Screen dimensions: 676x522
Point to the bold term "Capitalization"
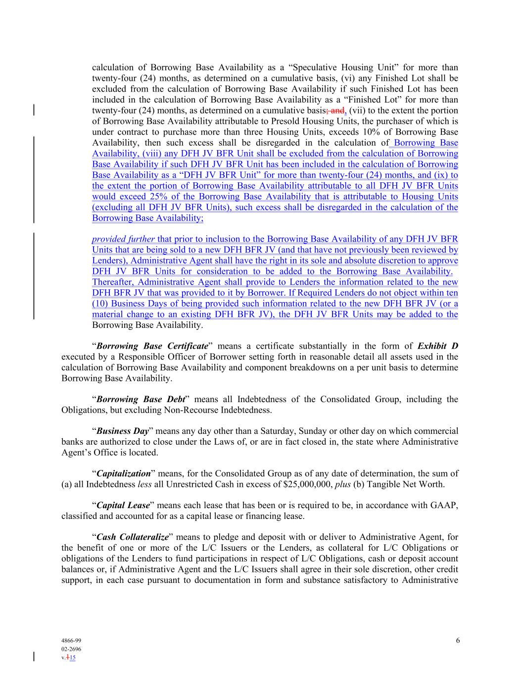(x=123, y=474)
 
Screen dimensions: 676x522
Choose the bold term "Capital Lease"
(x=123, y=506)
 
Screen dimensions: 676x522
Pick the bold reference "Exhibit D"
(x=437, y=346)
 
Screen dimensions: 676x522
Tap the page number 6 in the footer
(x=458, y=640)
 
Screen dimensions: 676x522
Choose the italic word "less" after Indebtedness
(x=144, y=484)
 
